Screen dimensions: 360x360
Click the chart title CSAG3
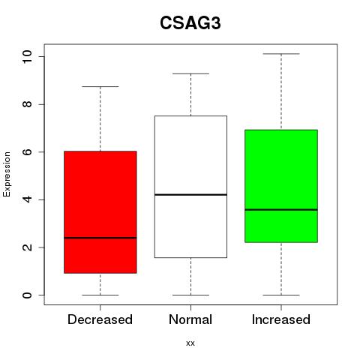190,23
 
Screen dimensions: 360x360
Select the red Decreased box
100,212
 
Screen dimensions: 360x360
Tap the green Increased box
281,186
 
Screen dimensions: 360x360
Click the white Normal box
190,187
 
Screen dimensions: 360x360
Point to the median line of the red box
100,238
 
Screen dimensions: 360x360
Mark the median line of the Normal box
190,194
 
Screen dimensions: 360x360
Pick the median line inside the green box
281,210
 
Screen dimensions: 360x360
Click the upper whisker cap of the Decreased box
100,86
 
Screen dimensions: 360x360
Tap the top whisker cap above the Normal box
190,73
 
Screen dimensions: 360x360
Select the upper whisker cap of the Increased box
281,54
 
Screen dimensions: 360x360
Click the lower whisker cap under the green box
281,295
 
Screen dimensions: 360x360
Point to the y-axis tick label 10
27,57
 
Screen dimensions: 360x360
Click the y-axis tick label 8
27,104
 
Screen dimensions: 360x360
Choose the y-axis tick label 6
27,152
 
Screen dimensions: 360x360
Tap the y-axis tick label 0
27,295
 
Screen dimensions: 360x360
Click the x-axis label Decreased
100,319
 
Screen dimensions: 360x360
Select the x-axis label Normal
190,319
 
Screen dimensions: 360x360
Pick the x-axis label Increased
281,319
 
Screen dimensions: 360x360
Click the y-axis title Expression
7,174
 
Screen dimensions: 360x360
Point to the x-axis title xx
190,343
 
